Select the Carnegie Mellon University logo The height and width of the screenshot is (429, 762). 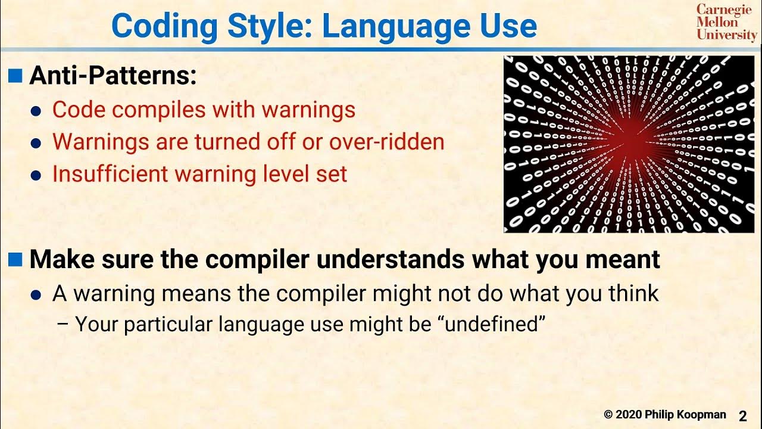click(726, 23)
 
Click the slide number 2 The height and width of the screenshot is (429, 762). click(743, 415)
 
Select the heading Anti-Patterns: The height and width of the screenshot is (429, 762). click(113, 76)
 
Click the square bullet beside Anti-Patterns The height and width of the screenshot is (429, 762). click(16, 75)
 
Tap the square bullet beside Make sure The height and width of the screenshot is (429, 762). click(16, 259)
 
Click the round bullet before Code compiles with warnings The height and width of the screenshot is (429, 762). click(37, 111)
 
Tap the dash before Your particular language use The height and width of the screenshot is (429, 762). click(63, 325)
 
